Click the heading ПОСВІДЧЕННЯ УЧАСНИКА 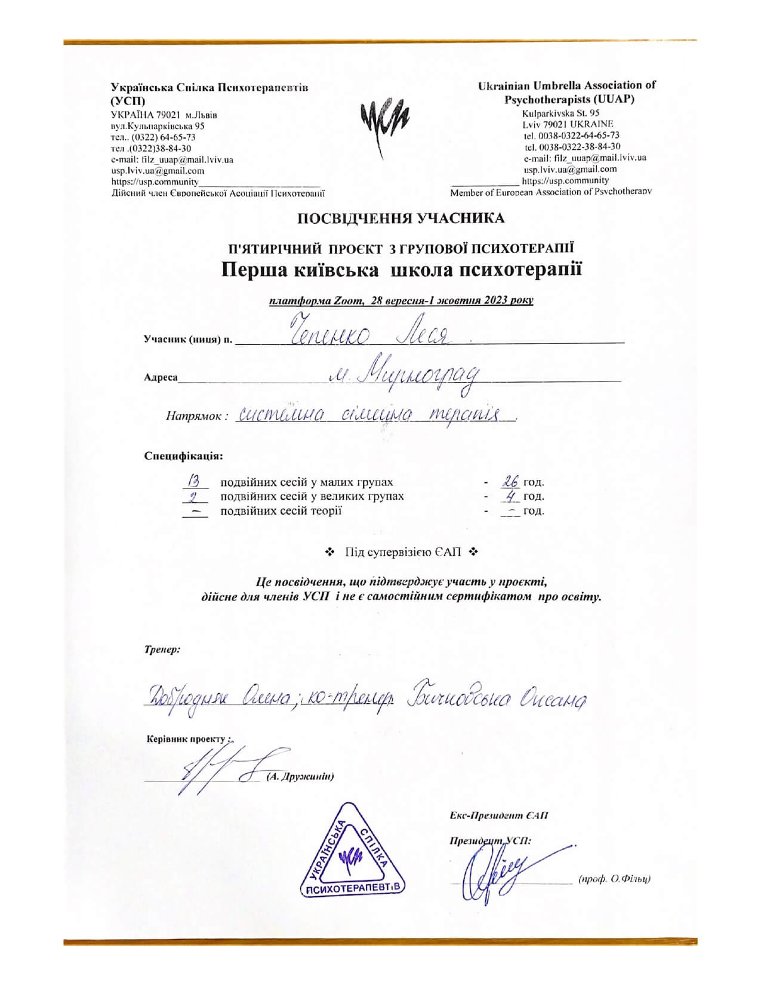(401, 218)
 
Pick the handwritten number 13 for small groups (194, 480)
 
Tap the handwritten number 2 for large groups (193, 495)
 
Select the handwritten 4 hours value (510, 495)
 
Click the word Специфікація (184, 456)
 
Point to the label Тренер (162, 649)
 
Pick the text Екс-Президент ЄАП (499, 816)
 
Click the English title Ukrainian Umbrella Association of (566, 85)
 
